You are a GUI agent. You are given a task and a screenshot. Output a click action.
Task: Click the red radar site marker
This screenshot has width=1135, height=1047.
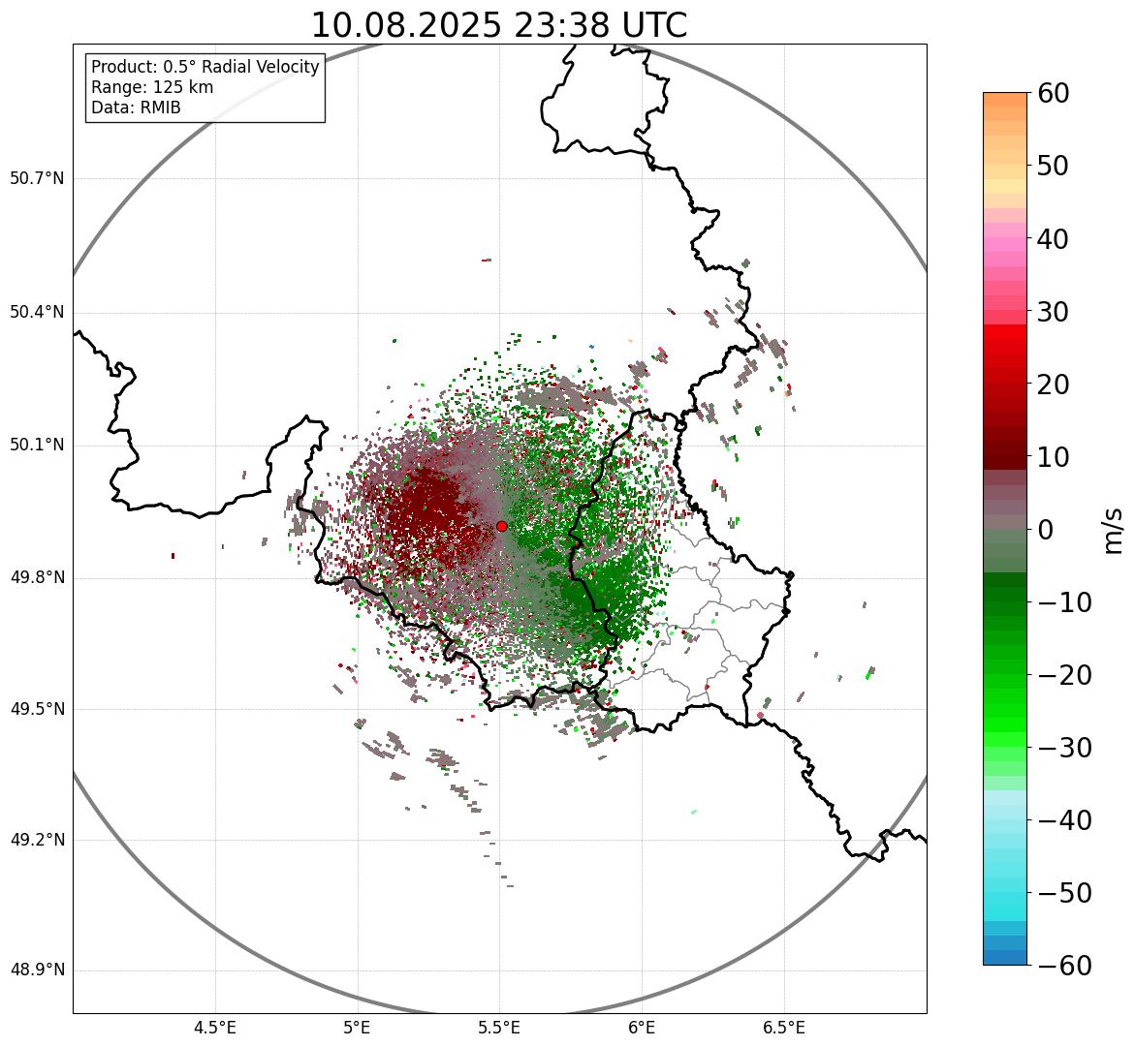coord(501,526)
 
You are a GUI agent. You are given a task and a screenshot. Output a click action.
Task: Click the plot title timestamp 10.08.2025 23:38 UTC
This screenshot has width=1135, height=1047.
coord(498,25)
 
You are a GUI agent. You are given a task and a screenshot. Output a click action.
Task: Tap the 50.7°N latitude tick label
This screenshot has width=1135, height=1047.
coord(37,179)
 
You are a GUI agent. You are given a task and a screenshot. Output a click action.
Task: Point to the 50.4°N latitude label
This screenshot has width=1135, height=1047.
coord(37,313)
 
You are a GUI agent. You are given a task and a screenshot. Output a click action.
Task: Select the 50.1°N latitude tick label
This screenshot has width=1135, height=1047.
coord(37,446)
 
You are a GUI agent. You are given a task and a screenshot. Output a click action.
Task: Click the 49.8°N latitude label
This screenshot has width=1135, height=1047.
coord(37,578)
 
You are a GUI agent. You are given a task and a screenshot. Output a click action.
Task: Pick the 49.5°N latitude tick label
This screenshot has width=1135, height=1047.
coord(37,709)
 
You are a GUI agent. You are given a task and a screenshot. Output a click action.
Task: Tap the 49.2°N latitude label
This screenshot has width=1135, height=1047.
coord(37,840)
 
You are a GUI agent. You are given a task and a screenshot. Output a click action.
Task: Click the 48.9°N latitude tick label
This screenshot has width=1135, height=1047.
coord(37,970)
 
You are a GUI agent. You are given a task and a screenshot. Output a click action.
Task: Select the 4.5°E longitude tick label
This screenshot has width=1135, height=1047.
coord(215,1028)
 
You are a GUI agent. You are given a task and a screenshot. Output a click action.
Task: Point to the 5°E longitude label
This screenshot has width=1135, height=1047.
coord(358,1028)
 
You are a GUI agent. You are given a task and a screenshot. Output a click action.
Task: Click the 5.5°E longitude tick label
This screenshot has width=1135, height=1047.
coord(500,1028)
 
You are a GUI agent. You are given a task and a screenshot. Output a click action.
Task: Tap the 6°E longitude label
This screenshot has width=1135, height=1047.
coord(642,1028)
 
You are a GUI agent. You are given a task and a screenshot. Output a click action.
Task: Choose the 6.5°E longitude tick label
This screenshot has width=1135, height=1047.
coord(784,1028)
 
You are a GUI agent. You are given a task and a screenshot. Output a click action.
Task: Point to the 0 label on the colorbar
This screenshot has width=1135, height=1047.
coord(1046,530)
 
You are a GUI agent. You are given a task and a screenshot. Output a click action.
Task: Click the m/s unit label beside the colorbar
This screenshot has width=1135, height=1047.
coord(1114,530)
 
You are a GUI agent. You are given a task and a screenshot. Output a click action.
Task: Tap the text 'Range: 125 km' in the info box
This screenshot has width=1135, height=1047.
coord(152,87)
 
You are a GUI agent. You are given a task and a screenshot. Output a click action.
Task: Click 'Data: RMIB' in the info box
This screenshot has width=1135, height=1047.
coord(136,108)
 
